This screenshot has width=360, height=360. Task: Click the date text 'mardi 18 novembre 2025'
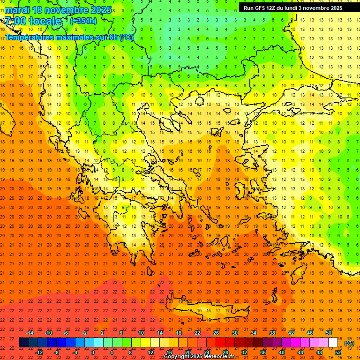[x=58, y=10]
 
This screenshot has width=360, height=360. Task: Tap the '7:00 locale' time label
[x=33, y=21]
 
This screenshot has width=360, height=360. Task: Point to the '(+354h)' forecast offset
[x=83, y=21]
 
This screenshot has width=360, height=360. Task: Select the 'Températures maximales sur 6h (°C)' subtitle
[x=69, y=37]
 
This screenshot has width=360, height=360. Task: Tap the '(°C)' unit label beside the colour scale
[x=349, y=343]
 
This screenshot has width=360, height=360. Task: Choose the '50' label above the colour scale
[x=329, y=333]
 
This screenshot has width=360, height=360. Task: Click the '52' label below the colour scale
[x=338, y=352]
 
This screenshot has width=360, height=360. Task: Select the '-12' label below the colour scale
[x=39, y=352]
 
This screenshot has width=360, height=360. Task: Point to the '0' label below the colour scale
[x=93, y=352]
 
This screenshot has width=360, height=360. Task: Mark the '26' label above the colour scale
[x=216, y=333]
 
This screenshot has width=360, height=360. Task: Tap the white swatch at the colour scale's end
[x=333, y=343]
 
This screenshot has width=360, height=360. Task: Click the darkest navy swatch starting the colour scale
[x=23, y=343]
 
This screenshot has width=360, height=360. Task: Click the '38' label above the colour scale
[x=272, y=333]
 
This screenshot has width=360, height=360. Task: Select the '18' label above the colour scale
[x=179, y=333]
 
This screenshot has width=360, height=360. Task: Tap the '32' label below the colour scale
[x=244, y=352]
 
